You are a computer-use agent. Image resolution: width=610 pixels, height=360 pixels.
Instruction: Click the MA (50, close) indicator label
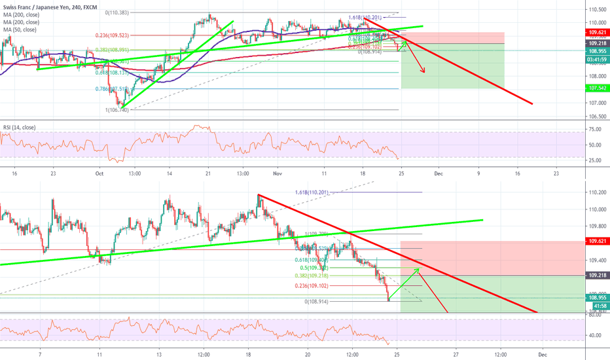[19, 29]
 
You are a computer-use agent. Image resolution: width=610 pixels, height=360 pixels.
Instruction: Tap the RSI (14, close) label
[20, 126]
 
